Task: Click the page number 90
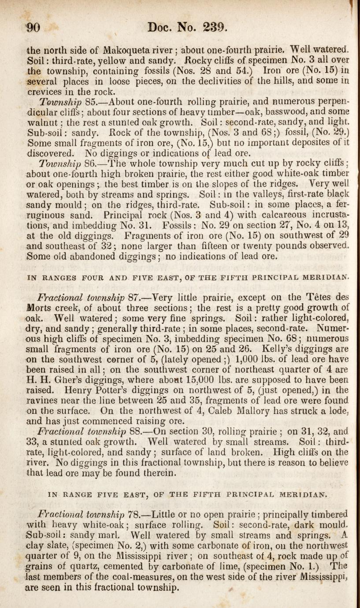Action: coord(33,29)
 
